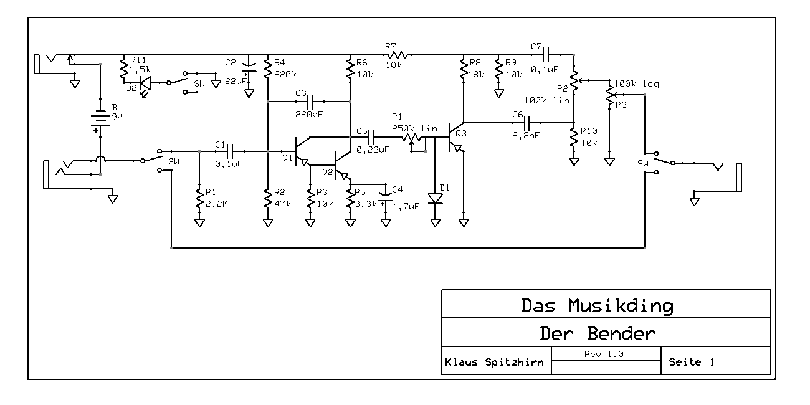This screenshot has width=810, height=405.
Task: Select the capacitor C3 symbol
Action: [x=310, y=101]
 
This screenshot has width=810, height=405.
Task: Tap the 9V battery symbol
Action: [x=100, y=119]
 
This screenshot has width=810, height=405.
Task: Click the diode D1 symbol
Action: [x=435, y=199]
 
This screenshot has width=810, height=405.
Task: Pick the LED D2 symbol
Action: [x=144, y=82]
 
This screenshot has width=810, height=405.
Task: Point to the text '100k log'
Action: [x=636, y=84]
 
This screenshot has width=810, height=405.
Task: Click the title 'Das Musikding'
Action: [x=597, y=306]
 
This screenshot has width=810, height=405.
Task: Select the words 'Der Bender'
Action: [x=597, y=334]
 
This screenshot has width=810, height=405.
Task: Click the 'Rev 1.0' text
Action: [x=604, y=354]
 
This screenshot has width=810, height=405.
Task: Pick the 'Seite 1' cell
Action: [x=692, y=362]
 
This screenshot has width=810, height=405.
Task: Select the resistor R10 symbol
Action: [x=574, y=138]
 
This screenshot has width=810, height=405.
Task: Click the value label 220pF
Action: [x=310, y=113]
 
